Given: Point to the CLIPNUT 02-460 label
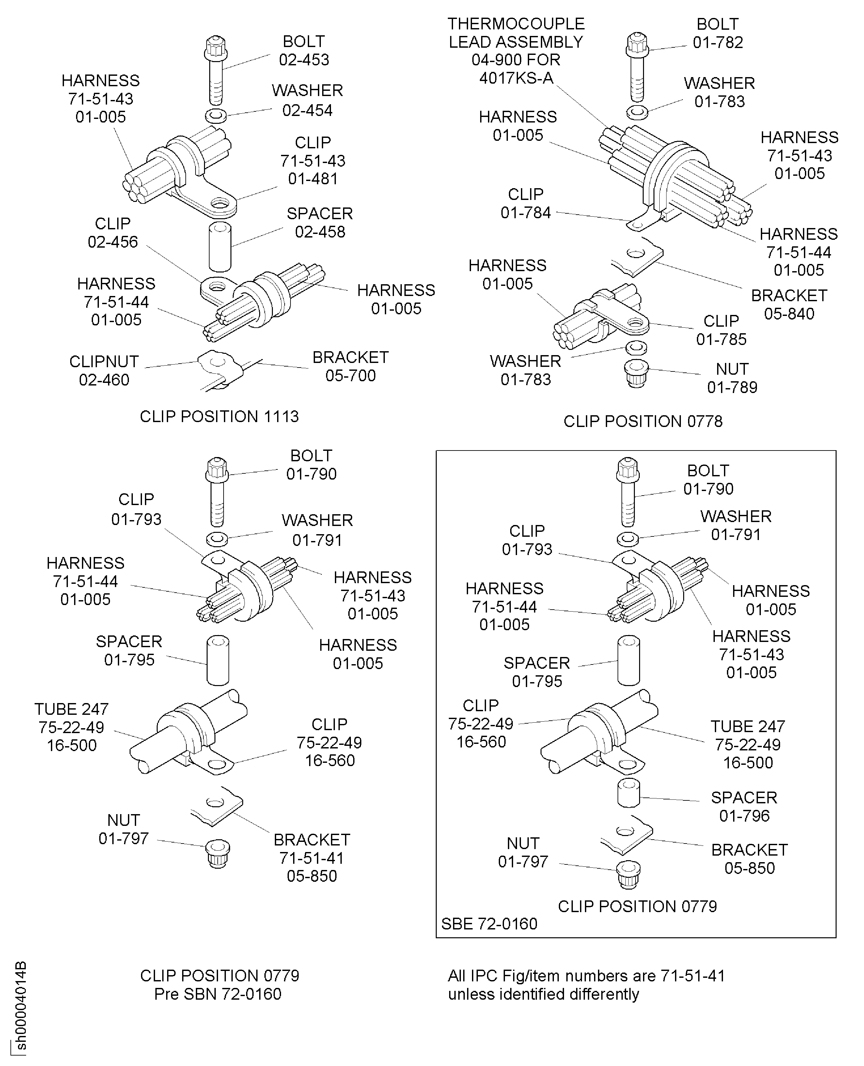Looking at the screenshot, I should click(x=104, y=370).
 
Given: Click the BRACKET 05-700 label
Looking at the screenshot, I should click(x=350, y=366).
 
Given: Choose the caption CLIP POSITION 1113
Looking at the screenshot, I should click(x=219, y=417).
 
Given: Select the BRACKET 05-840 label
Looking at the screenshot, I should click(x=789, y=304).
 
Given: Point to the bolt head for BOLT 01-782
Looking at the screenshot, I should click(x=637, y=44).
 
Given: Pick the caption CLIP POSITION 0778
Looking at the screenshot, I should click(x=642, y=421).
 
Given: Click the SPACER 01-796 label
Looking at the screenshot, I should click(x=744, y=807).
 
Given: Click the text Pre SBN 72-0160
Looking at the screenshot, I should click(x=218, y=994).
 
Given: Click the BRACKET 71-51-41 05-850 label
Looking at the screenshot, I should click(x=312, y=858).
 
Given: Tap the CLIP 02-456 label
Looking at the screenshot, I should click(x=113, y=233).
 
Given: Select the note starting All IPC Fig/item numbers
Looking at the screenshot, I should click(x=586, y=985).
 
